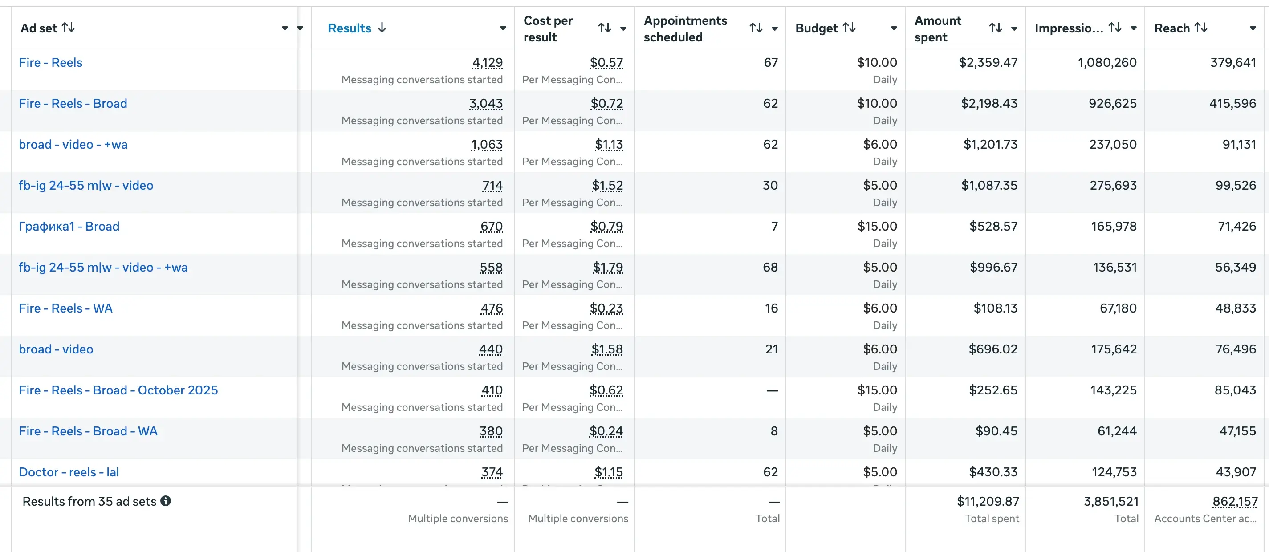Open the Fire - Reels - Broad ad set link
click(73, 103)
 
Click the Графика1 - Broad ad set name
click(69, 226)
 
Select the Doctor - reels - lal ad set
click(69, 472)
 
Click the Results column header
click(349, 28)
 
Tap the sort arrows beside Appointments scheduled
click(756, 28)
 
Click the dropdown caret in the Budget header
click(894, 28)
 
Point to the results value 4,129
click(487, 62)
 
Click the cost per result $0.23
click(606, 308)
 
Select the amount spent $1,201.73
click(990, 144)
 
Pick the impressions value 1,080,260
click(1107, 62)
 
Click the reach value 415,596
click(1232, 103)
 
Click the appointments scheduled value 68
click(770, 268)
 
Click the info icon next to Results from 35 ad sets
click(166, 501)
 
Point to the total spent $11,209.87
click(988, 501)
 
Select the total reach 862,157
click(1235, 501)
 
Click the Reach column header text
click(1171, 28)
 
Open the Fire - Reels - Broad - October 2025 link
click(118, 390)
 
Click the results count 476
click(492, 308)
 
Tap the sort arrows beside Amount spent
click(995, 28)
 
